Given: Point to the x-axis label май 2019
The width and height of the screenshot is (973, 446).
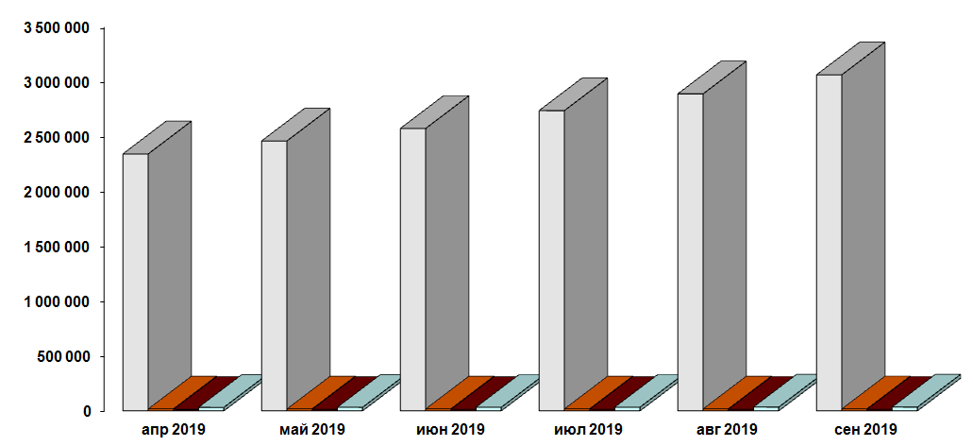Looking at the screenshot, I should pyautogui.click(x=312, y=430).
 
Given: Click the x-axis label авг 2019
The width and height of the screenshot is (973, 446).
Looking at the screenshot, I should pyautogui.click(x=728, y=430).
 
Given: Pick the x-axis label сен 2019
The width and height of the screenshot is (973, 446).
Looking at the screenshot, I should pyautogui.click(x=866, y=430).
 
